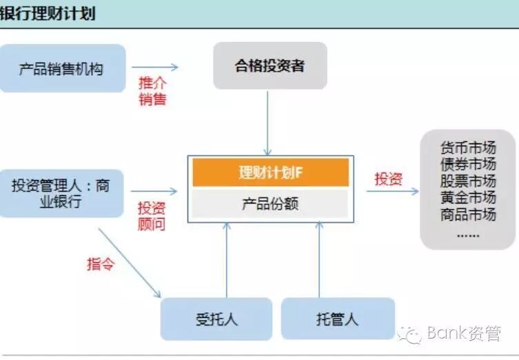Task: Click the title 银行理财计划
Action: tap(48, 13)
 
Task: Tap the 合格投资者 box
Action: tap(269, 66)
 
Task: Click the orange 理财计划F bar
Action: tap(270, 172)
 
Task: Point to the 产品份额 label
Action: tap(270, 204)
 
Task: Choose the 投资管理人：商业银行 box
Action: tap(61, 193)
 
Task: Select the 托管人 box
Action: tap(338, 319)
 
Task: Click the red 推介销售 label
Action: tap(152, 91)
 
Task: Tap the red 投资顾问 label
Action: tap(152, 216)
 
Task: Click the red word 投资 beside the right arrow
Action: tap(388, 179)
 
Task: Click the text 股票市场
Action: tap(468, 181)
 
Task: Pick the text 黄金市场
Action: tap(468, 198)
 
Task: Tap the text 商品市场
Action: tap(468, 214)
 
